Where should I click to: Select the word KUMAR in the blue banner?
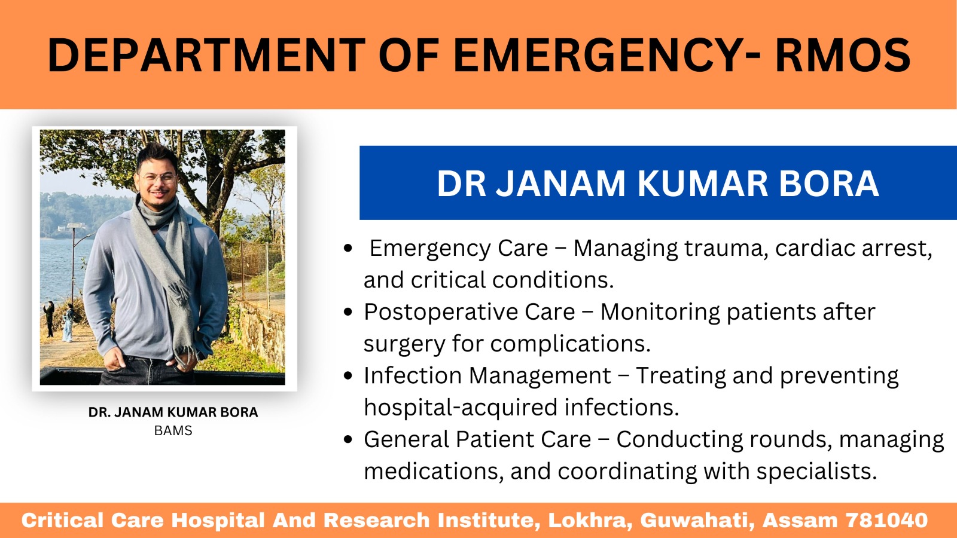[702, 184]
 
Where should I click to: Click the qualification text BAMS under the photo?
[173, 430]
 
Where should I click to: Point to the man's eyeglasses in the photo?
[159, 178]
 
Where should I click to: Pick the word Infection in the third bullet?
[413, 376]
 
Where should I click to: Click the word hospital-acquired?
[461, 408]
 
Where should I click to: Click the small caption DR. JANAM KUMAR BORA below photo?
[173, 412]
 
